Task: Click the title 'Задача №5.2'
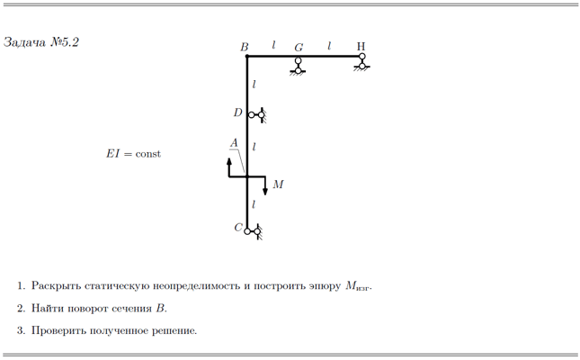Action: [41, 42]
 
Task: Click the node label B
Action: [244, 47]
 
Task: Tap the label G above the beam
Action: [299, 48]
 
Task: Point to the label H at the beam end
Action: [361, 46]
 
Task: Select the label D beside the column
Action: [237, 112]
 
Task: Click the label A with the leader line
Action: [234, 143]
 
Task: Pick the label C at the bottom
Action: [238, 228]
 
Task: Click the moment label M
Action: [278, 184]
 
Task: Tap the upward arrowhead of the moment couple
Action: [229, 161]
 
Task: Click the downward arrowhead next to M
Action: [265, 191]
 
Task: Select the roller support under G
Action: [298, 67]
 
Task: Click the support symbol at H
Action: [362, 62]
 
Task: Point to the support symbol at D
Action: [257, 115]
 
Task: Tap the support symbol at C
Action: [254, 232]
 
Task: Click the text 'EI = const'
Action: [133, 153]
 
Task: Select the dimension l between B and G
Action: [273, 45]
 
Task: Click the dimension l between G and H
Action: [329, 46]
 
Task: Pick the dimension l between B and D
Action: [254, 85]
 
